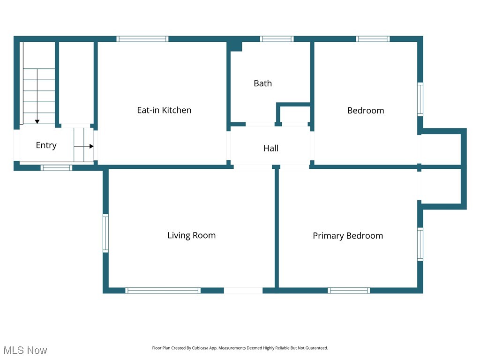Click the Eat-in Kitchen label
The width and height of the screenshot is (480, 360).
point(164,110)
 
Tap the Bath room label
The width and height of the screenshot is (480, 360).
point(262,83)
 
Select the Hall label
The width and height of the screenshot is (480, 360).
point(270,148)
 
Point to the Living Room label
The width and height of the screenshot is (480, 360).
point(191,235)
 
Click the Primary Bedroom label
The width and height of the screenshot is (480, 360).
point(348,236)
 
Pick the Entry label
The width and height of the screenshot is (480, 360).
point(46,145)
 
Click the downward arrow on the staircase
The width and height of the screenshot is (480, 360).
point(37,121)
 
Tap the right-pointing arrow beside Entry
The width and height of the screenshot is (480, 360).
point(90,146)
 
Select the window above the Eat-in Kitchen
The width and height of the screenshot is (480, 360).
point(142,39)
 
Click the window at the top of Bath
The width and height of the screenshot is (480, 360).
point(277,39)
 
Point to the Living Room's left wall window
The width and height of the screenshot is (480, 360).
point(105,233)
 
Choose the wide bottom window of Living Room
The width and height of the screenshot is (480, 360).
point(163,291)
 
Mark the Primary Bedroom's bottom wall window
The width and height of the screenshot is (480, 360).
point(349,291)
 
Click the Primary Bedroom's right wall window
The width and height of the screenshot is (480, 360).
point(420,244)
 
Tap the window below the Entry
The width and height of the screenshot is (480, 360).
point(56,167)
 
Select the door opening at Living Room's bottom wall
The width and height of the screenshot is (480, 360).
point(243,291)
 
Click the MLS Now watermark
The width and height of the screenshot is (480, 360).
point(25,350)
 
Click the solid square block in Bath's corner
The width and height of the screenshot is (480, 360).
point(236,46)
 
